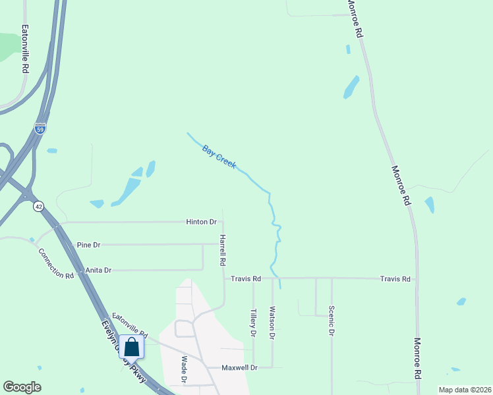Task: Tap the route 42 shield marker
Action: point(39,206)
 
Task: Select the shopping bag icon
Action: point(131,347)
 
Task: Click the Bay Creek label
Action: point(219,157)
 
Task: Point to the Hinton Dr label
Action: point(202,223)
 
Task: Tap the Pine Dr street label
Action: point(88,245)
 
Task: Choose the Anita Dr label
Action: point(98,270)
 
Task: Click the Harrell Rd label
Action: point(223,250)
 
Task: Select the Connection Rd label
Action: point(55,263)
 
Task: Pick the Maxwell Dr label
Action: point(238,367)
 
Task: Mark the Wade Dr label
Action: point(184,370)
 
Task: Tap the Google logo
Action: point(22,387)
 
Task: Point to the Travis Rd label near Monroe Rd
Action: point(395,279)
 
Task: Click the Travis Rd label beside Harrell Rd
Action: point(246,279)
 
